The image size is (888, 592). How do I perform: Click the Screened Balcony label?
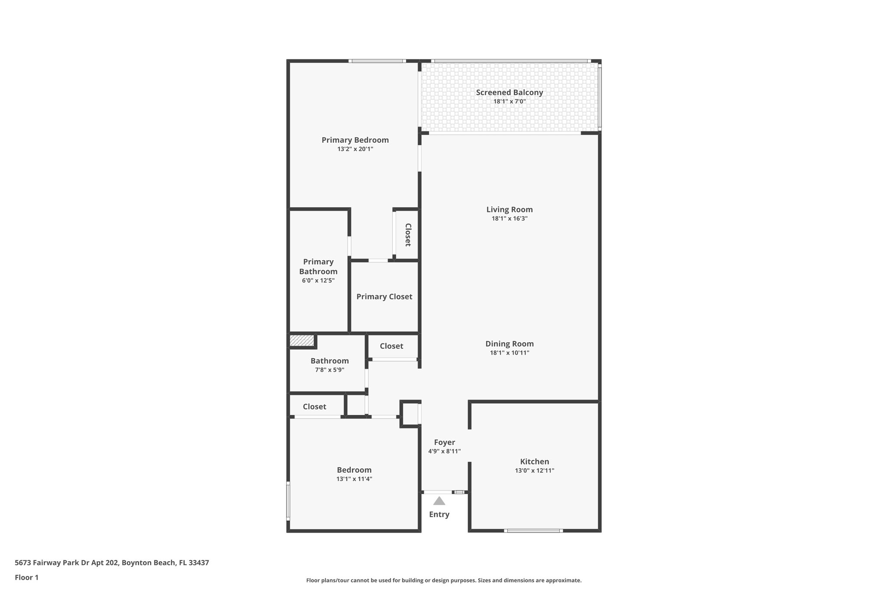tap(509, 92)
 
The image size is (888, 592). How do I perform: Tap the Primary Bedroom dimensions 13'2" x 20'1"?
tap(355, 149)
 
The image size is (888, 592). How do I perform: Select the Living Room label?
tap(509, 209)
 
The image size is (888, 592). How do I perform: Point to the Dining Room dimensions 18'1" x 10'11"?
tap(509, 353)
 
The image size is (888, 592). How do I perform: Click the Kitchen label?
tap(534, 461)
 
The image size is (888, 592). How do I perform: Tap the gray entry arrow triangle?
tap(439, 501)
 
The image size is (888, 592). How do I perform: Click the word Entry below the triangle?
tap(439, 514)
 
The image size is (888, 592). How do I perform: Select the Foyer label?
tap(444, 442)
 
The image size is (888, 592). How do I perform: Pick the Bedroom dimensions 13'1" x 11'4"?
tap(354, 479)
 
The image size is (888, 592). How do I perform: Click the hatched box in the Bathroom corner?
tap(302, 341)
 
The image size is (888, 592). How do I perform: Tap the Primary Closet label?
tap(384, 297)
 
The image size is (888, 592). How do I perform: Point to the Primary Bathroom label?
tap(318, 267)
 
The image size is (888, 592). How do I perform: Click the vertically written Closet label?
tap(408, 235)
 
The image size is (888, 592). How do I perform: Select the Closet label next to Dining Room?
tap(391, 346)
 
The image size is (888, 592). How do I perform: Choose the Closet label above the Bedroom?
tap(314, 407)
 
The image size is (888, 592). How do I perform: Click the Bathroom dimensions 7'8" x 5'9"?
tap(330, 370)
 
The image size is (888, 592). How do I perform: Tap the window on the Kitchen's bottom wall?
tap(533, 530)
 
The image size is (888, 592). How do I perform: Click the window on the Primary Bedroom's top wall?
tap(377, 61)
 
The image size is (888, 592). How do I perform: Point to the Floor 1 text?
tap(26, 577)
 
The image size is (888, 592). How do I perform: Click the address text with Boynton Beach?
tap(112, 563)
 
